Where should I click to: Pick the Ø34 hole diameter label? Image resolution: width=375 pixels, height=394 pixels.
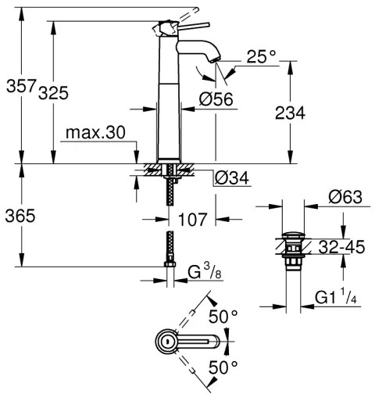click(232, 177)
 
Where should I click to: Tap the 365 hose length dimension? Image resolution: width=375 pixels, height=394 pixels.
click(18, 217)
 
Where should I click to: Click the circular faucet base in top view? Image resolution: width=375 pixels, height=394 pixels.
click(166, 341)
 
